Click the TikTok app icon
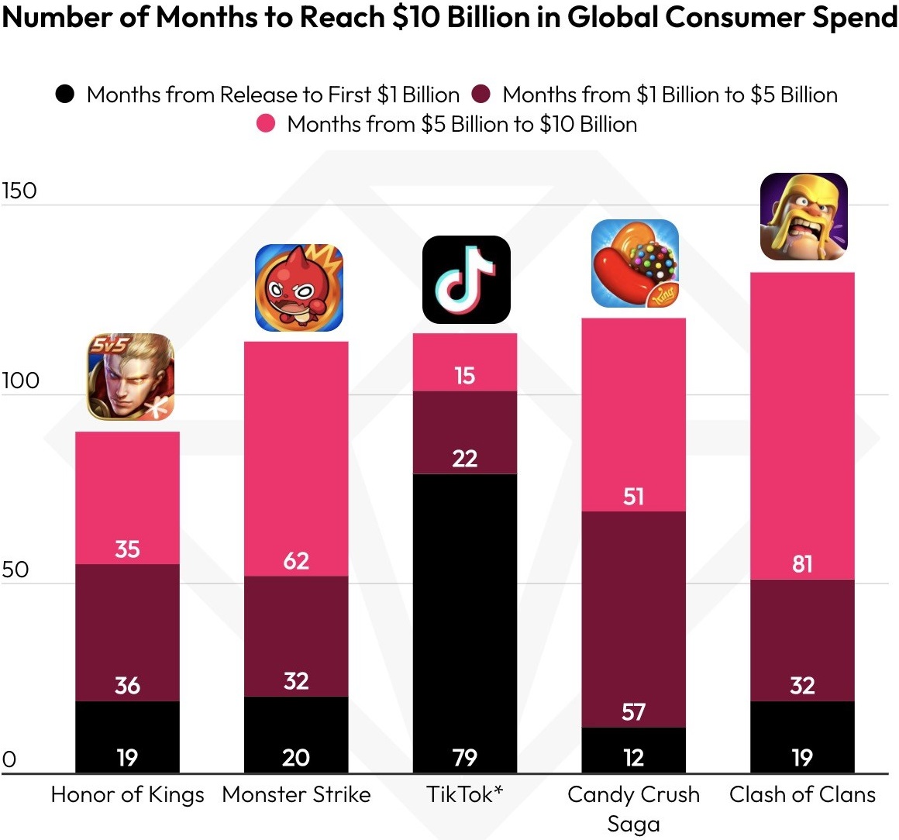click(x=466, y=280)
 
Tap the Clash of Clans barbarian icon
click(x=804, y=216)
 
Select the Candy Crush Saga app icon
click(x=635, y=263)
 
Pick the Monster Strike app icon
click(x=298, y=287)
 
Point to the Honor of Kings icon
click(x=130, y=377)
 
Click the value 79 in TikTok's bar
click(x=465, y=757)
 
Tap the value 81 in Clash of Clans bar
click(x=802, y=564)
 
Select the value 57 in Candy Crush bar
click(x=633, y=711)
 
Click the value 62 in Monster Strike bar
click(x=296, y=560)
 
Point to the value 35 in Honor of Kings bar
click(x=127, y=549)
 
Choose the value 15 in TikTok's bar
click(x=464, y=376)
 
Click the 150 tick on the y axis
click(x=19, y=191)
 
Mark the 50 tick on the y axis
click(x=15, y=570)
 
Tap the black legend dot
click(x=65, y=95)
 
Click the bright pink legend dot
click(x=266, y=124)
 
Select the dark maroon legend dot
click(x=480, y=95)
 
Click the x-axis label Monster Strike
click(x=296, y=794)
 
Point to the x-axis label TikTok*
click(x=464, y=794)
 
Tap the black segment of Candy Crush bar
click(x=633, y=750)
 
